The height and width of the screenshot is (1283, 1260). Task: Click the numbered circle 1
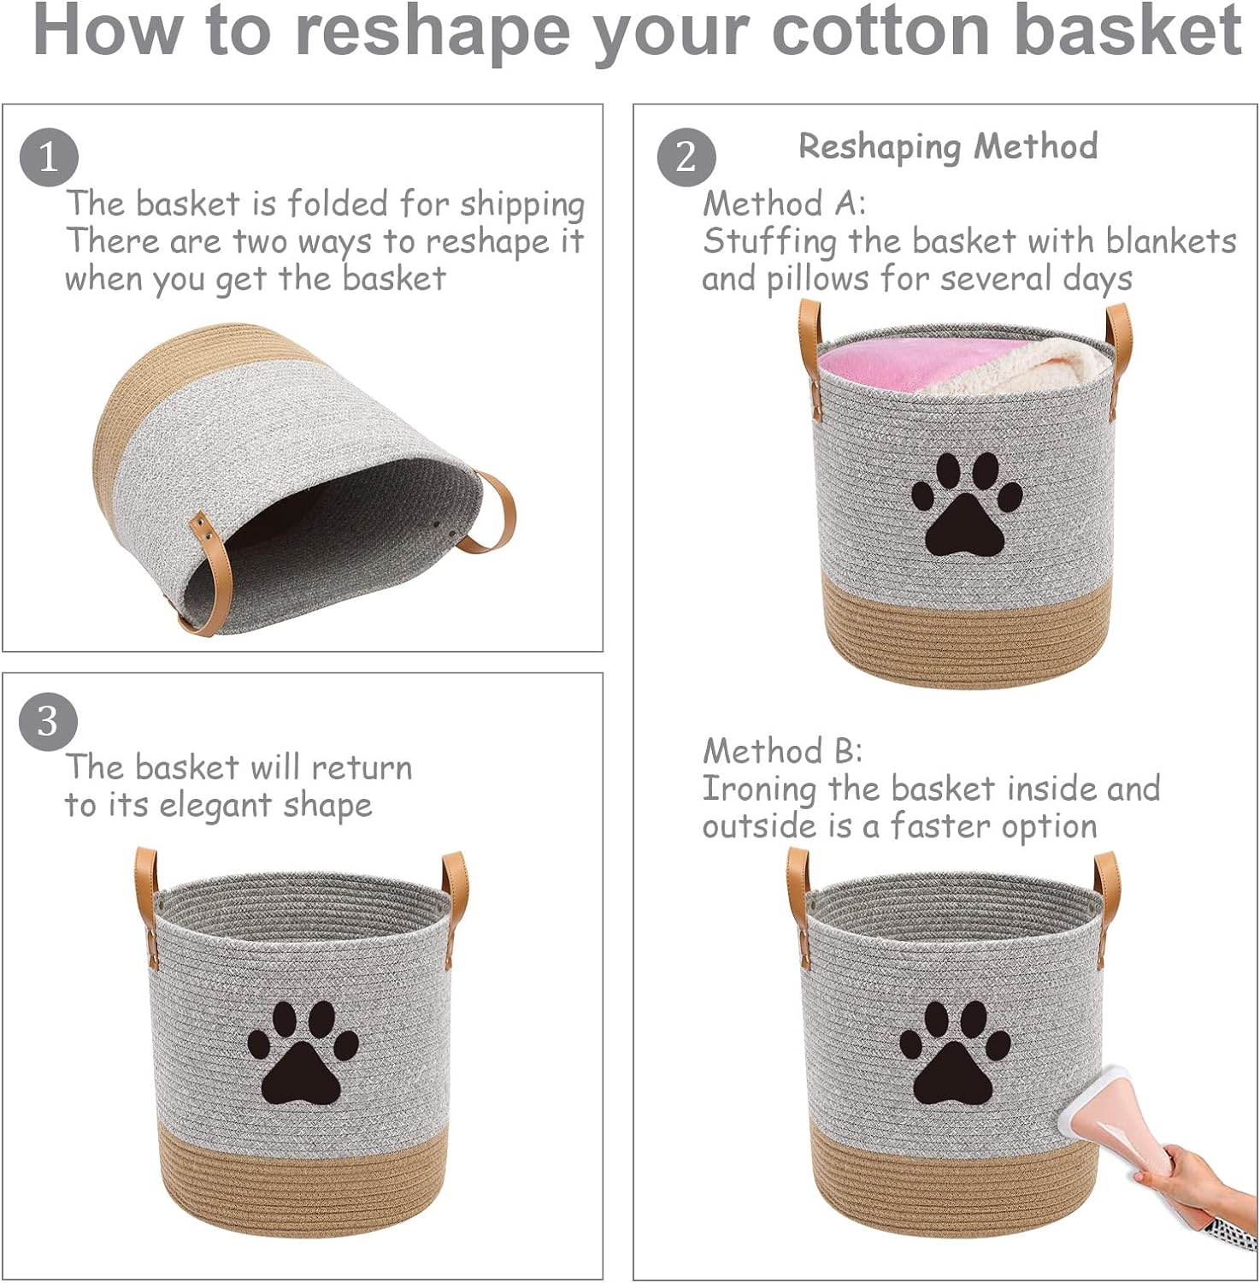click(49, 157)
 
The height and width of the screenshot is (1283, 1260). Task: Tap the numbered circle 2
click(686, 157)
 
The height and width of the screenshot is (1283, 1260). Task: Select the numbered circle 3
click(48, 721)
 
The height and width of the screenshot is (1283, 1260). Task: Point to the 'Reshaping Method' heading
click(948, 147)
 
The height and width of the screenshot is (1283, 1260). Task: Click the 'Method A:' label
click(784, 204)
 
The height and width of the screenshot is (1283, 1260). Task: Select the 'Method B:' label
click(782, 751)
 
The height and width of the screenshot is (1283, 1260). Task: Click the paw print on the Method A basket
click(966, 505)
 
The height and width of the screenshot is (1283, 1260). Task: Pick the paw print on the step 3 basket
click(303, 1052)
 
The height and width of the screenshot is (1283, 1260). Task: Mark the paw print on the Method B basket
click(954, 1052)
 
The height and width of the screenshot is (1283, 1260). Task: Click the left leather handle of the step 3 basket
click(147, 907)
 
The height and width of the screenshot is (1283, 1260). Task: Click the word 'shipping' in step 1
click(521, 205)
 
